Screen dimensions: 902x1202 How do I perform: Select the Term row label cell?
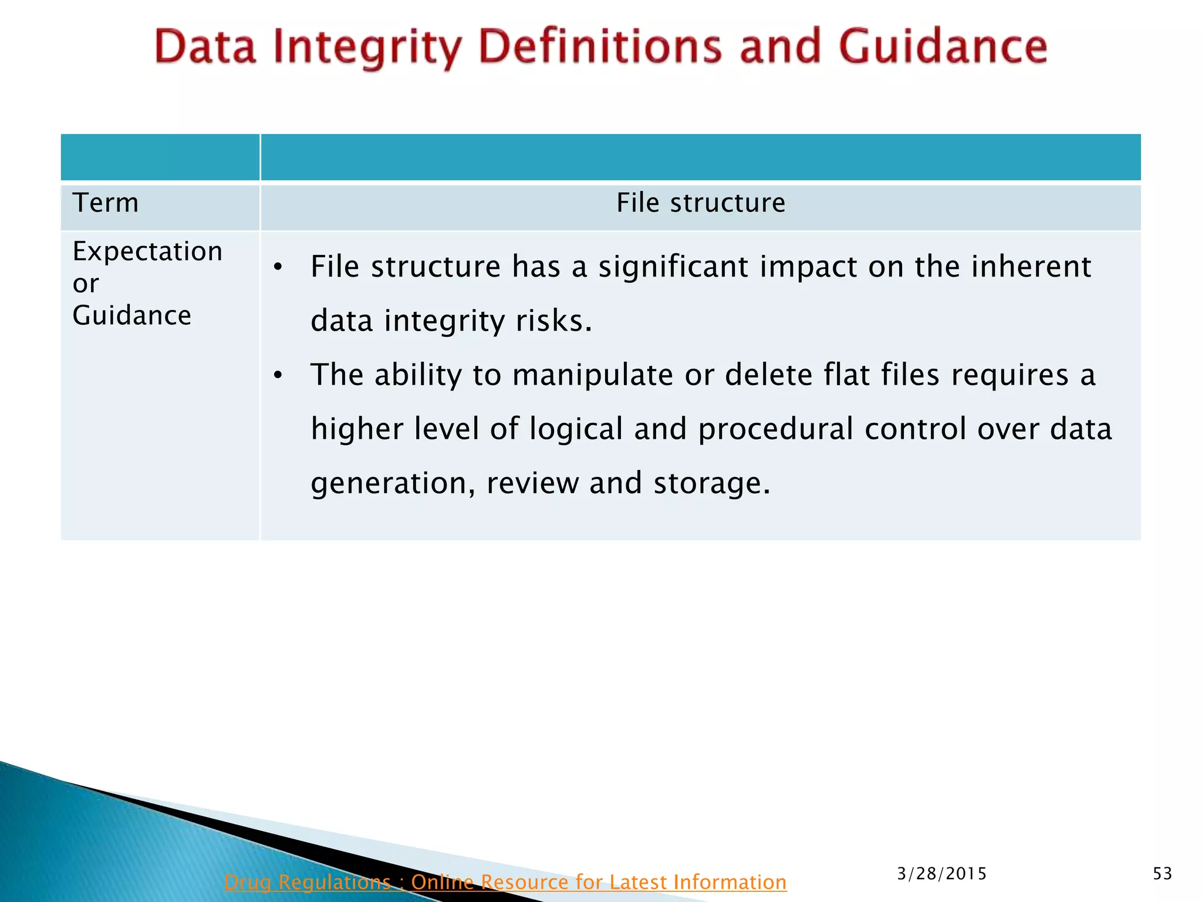coord(106,203)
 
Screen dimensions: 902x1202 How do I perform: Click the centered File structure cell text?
coord(700,203)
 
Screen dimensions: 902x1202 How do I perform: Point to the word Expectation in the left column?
coord(147,252)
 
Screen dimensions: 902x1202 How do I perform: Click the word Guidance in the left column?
coord(131,316)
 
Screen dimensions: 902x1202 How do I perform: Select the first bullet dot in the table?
coord(279,268)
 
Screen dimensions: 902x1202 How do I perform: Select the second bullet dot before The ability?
coord(279,375)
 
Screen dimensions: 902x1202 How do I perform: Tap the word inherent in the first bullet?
coord(1031,267)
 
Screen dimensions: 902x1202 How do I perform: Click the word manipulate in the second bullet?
coord(592,375)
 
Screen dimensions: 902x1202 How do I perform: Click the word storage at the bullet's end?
coord(711,483)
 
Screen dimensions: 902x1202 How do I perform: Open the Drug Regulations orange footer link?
coord(505,882)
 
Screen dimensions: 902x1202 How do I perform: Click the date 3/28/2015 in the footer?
coord(942,874)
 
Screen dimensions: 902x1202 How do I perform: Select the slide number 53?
coord(1162,874)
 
